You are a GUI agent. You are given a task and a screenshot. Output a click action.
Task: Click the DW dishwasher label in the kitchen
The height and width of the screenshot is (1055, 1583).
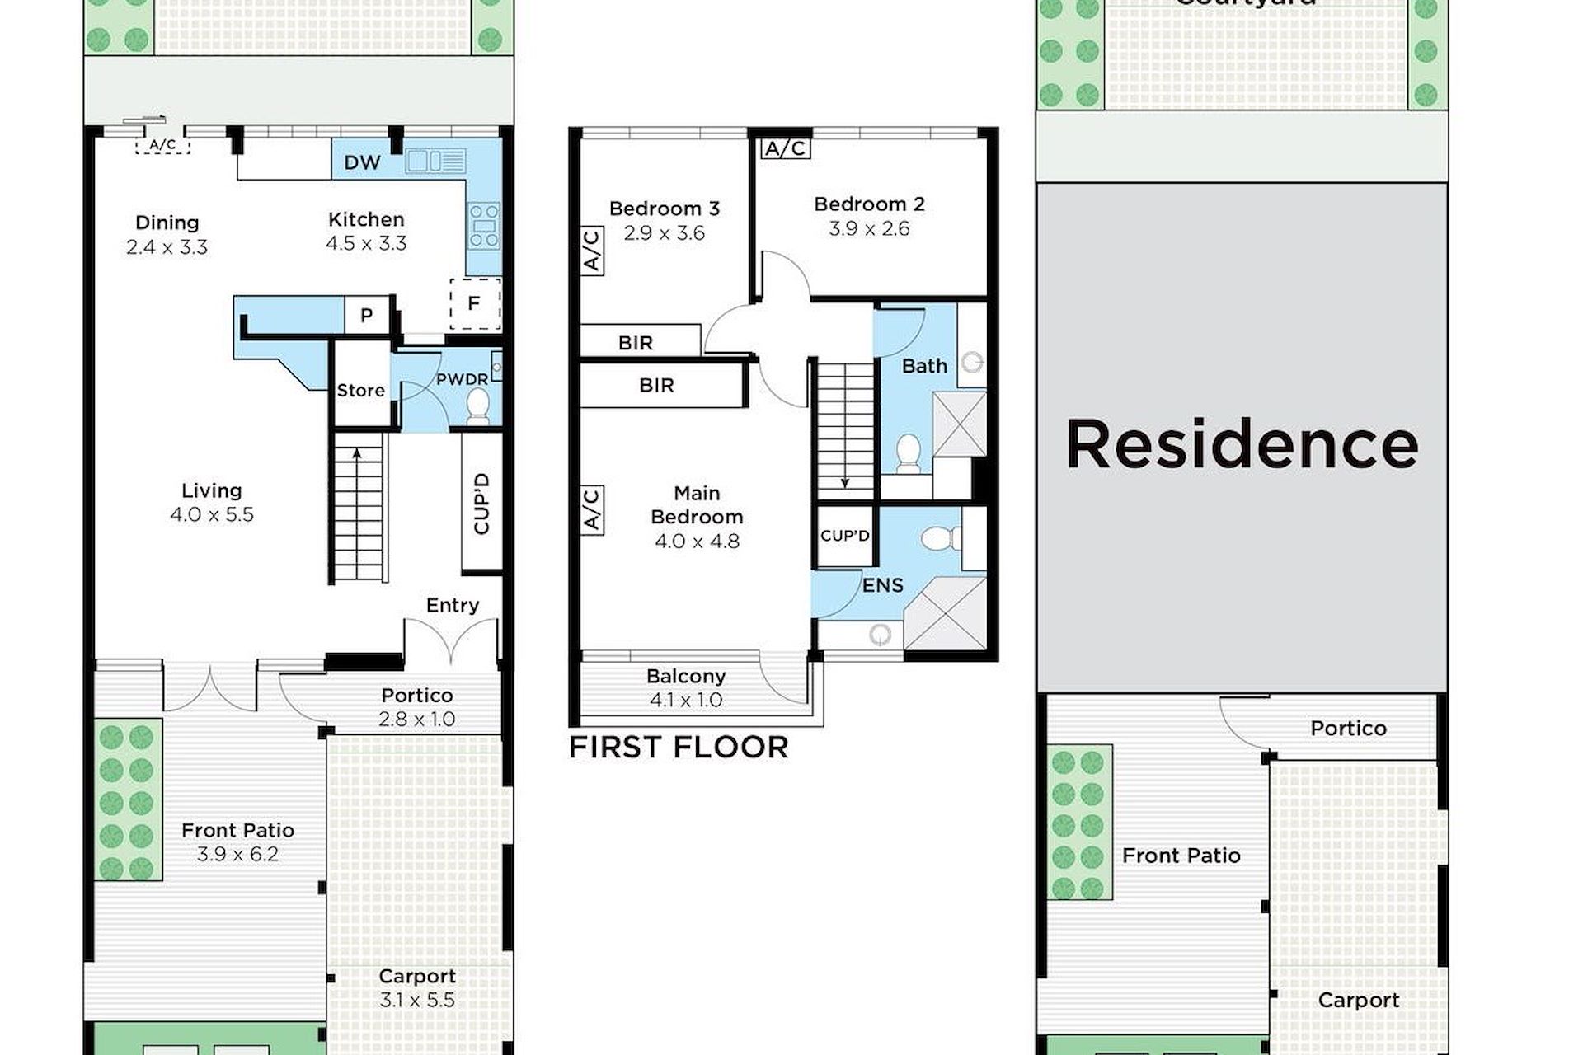click(x=362, y=162)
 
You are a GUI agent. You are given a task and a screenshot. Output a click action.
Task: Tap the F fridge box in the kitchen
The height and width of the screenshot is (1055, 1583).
click(x=475, y=304)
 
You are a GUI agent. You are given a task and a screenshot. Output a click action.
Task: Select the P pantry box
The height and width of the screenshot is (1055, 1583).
click(x=367, y=315)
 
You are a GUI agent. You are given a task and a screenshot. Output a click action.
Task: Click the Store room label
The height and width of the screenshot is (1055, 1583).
click(x=361, y=390)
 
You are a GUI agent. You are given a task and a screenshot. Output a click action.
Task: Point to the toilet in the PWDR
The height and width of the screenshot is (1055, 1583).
click(x=477, y=407)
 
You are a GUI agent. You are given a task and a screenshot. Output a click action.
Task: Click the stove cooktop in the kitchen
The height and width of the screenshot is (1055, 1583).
click(x=483, y=226)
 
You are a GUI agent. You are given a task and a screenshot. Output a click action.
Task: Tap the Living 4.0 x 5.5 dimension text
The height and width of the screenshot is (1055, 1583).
click(x=212, y=515)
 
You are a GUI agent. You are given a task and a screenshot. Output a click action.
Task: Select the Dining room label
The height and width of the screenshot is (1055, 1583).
click(x=167, y=223)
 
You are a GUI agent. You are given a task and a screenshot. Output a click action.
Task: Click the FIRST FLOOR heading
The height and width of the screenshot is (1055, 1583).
click(x=679, y=748)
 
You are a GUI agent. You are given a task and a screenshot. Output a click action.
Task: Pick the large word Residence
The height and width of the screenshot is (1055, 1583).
click(x=1242, y=444)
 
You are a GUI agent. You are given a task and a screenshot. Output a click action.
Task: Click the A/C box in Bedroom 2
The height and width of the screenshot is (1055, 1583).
click(x=786, y=148)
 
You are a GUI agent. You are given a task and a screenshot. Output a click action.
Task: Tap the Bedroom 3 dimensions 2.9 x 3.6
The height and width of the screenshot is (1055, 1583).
click(x=665, y=233)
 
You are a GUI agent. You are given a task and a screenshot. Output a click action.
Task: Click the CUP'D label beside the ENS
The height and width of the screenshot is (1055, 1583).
click(x=845, y=536)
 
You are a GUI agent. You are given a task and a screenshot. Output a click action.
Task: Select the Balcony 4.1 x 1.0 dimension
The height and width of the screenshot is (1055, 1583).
click(x=686, y=701)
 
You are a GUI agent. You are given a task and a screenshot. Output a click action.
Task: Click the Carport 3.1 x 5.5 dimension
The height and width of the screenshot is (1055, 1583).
click(x=417, y=1001)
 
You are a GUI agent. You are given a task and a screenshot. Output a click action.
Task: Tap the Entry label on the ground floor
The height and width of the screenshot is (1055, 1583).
click(x=453, y=606)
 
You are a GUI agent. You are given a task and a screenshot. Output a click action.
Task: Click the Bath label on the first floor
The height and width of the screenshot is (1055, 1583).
click(x=924, y=366)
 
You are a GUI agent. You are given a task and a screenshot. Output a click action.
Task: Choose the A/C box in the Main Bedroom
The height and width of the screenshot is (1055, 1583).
click(x=592, y=510)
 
